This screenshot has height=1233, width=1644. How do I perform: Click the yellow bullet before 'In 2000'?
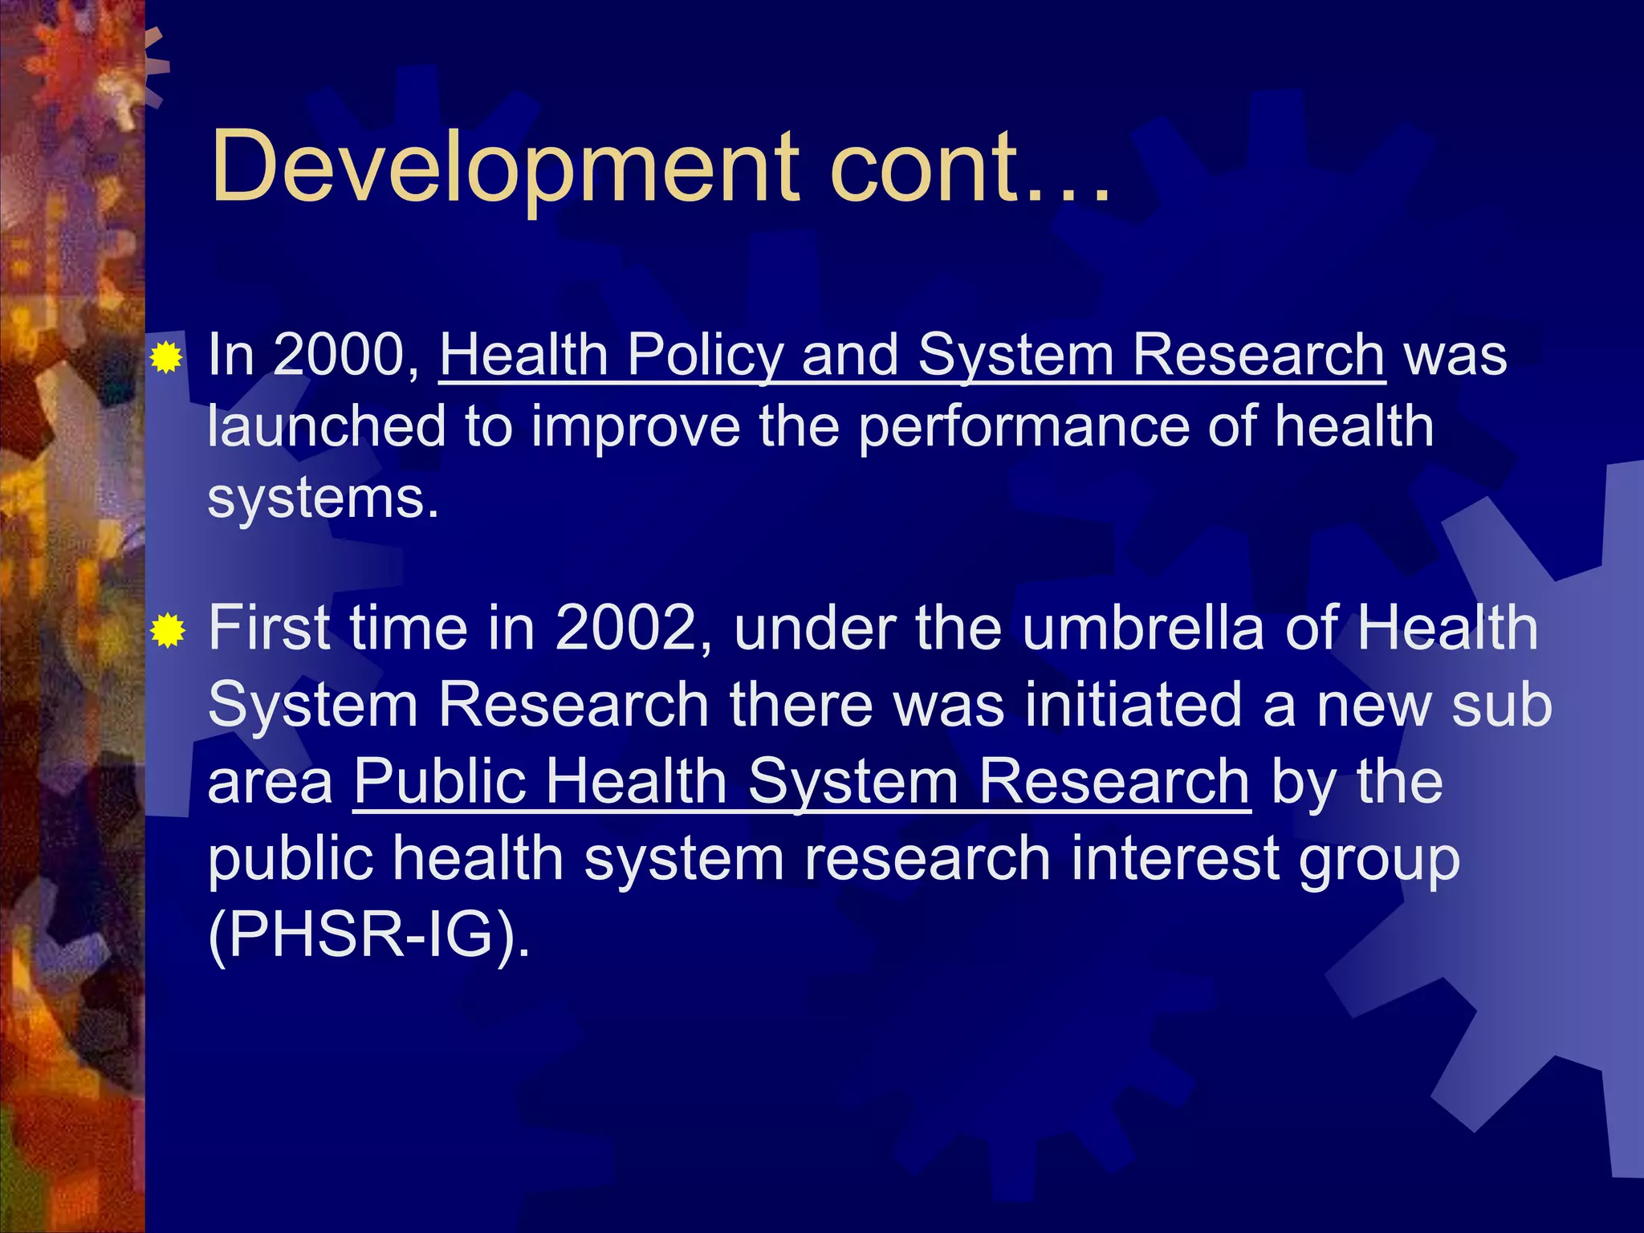click(167, 356)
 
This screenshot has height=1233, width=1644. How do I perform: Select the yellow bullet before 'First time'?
click(168, 630)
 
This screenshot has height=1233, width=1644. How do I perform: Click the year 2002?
click(633, 628)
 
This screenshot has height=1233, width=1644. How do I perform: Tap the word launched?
click(326, 426)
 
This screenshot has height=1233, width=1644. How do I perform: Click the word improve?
click(635, 428)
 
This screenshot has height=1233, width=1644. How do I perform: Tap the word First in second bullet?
click(269, 628)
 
